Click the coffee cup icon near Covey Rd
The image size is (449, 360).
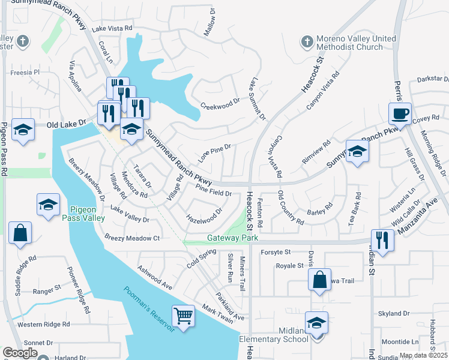[400, 113]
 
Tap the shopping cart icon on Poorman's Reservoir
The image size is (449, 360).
[183, 314]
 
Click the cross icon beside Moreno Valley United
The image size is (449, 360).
[307, 42]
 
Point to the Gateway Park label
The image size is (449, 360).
[233, 238]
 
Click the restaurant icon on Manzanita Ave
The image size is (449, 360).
[382, 239]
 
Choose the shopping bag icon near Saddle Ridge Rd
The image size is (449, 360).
[20, 232]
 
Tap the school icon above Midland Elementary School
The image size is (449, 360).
[316, 322]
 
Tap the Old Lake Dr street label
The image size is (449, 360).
[67, 124]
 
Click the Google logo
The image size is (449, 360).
[20, 353]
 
